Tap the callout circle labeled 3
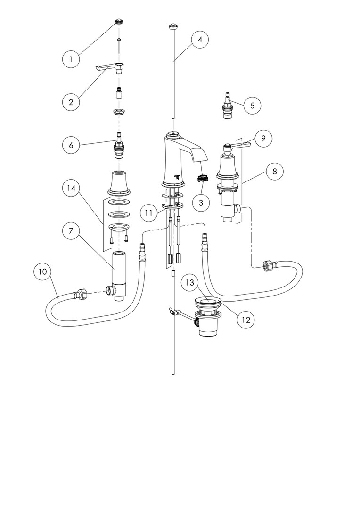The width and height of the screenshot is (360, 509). [x=201, y=203]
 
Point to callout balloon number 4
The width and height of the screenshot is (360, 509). [x=200, y=40]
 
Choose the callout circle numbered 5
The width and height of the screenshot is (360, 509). [x=253, y=106]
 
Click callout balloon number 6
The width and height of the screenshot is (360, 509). [x=72, y=145]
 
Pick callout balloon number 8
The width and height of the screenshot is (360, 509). [x=275, y=172]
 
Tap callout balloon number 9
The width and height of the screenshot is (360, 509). [x=263, y=139]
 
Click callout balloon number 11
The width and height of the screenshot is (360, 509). [x=149, y=213]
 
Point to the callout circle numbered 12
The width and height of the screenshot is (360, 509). [x=245, y=319]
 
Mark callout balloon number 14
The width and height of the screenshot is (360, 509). [x=72, y=188]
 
